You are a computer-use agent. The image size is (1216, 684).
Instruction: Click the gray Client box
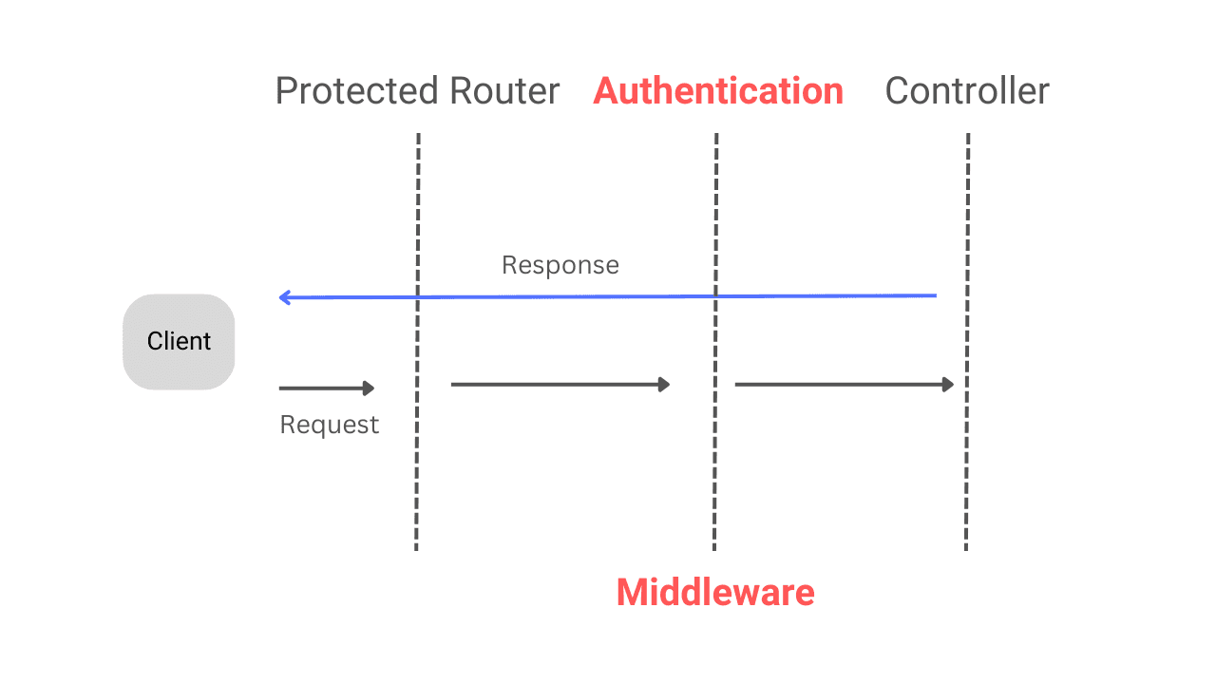(179, 341)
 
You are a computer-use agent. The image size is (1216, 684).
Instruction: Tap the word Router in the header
(504, 92)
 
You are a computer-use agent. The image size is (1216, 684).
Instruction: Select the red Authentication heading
(718, 91)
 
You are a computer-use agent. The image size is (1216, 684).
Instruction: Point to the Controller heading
(967, 91)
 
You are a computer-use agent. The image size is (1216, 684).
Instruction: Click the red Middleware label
(715, 592)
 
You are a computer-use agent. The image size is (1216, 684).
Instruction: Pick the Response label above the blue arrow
(560, 265)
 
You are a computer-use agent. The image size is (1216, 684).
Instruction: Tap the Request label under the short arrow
(329, 425)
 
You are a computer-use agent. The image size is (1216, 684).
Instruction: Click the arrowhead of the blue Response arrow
(284, 297)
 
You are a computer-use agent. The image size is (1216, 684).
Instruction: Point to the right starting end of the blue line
(935, 296)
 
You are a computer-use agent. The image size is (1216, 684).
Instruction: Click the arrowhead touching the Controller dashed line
(948, 384)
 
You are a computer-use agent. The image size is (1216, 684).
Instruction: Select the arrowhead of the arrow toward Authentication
(665, 384)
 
